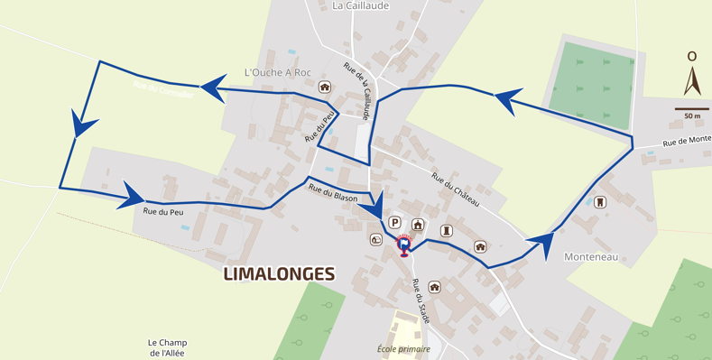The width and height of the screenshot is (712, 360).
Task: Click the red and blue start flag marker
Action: pos(404,245)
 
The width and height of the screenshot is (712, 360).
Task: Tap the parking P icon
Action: pos(394,222)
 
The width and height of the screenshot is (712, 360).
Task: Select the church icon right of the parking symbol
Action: pos(418,225)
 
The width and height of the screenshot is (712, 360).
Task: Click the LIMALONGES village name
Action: pos(279,273)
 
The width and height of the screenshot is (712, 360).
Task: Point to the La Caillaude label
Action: pos(360,5)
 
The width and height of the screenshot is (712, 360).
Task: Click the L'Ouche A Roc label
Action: pos(276,72)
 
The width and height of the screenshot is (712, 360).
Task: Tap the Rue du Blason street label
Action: pos(333,192)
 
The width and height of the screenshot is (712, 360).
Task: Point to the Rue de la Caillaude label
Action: pos(357,90)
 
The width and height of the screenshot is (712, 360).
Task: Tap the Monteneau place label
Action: pos(590,256)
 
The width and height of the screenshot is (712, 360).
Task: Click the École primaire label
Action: pos(403,349)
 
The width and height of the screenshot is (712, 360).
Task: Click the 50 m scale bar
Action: pos(692,110)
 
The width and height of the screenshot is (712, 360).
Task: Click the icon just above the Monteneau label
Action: pos(600,202)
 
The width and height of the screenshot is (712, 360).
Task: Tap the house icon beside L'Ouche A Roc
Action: pos(324,88)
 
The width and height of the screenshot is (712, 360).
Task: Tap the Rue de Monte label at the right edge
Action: pos(687,141)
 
